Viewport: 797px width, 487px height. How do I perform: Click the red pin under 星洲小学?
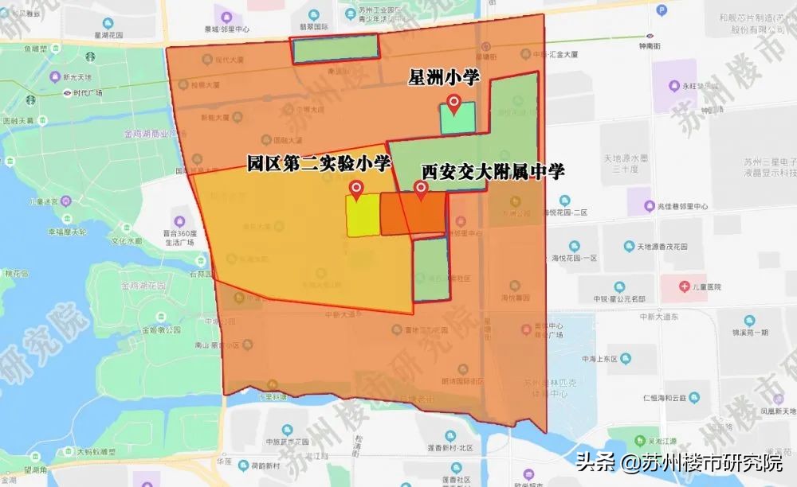pyautogui.click(x=454, y=103)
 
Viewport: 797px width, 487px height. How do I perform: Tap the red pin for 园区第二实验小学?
pyautogui.click(x=357, y=189)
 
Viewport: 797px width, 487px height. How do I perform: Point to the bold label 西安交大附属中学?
pyautogui.click(x=493, y=171)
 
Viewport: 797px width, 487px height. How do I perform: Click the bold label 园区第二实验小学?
pyautogui.click(x=319, y=165)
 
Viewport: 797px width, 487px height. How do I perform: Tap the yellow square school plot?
pyautogui.click(x=362, y=216)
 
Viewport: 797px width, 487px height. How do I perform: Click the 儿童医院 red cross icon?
pyautogui.click(x=685, y=286)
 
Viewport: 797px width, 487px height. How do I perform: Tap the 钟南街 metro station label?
pyautogui.click(x=650, y=46)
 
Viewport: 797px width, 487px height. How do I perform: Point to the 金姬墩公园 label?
pyautogui.click(x=159, y=329)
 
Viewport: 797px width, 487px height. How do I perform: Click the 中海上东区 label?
pyautogui.click(x=602, y=359)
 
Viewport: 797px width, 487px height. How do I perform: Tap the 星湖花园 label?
pyautogui.click(x=106, y=36)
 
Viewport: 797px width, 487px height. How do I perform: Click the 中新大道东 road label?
pyautogui.click(x=658, y=316)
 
